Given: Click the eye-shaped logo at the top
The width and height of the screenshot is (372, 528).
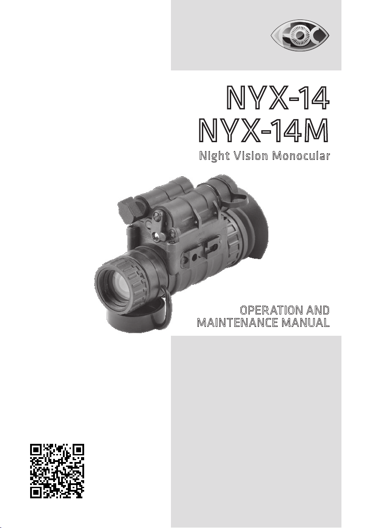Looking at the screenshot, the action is tap(300, 34).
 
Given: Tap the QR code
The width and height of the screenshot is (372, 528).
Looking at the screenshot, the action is tap(57, 471).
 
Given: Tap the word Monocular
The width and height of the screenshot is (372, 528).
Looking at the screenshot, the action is tap(301, 156).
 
